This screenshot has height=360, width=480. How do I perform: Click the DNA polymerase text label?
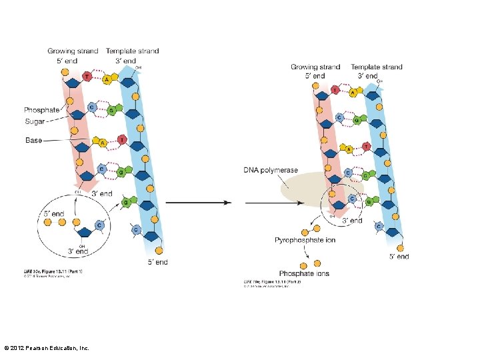(270, 171)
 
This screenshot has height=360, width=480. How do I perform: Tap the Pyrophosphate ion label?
(305, 240)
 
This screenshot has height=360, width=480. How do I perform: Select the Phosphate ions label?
(304, 274)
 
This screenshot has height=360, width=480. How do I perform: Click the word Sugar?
(35, 121)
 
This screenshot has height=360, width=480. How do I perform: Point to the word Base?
(33, 140)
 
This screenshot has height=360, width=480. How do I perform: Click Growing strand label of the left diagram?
(73, 51)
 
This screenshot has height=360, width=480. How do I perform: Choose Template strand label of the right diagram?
(376, 67)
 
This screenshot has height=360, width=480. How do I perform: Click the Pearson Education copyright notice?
(47, 348)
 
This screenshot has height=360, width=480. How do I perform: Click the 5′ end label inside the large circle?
(54, 214)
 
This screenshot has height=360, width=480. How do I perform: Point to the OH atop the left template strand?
(139, 67)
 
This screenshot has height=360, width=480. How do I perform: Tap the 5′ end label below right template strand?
(399, 256)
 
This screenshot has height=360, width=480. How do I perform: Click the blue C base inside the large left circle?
(99, 225)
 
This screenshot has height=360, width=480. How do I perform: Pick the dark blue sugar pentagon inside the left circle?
(85, 233)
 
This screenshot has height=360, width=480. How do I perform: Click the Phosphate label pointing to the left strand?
(41, 110)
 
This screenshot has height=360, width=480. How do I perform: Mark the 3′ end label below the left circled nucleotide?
(78, 251)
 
